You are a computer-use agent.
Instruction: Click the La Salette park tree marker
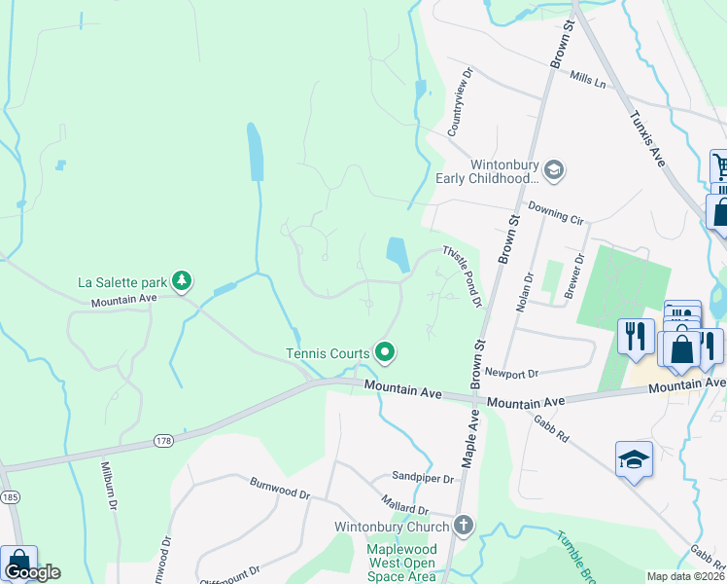click(x=182, y=282)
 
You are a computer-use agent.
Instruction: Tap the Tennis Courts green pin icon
click(x=385, y=352)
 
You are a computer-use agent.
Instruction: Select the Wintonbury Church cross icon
click(x=464, y=527)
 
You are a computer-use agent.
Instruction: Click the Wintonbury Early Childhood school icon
click(x=553, y=171)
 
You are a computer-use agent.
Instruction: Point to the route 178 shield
click(x=162, y=441)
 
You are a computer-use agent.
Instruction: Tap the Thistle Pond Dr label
click(x=464, y=275)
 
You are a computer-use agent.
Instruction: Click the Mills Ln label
click(x=587, y=77)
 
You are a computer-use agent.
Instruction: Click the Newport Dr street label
click(x=511, y=372)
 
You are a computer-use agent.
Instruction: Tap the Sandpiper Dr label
click(x=423, y=479)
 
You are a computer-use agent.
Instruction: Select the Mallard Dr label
click(x=405, y=508)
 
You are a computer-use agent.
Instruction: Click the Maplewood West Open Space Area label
click(x=401, y=563)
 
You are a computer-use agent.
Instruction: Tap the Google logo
click(x=32, y=572)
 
